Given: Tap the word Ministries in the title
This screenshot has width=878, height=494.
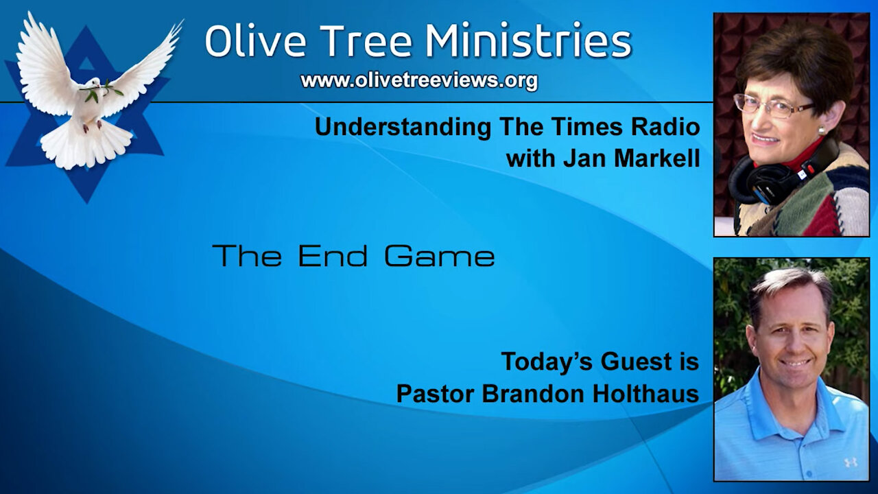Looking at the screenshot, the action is [529, 40].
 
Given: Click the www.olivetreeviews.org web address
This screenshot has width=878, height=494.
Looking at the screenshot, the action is [419, 81].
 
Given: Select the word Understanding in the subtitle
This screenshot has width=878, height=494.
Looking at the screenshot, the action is [403, 128].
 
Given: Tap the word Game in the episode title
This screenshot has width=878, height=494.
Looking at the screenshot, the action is [440, 256].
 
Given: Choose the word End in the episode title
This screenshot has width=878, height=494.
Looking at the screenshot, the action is [333, 256].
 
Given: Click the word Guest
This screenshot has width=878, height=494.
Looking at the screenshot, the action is [637, 362].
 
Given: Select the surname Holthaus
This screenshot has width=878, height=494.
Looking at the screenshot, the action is [645, 394].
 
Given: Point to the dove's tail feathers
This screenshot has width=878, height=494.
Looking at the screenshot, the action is [86, 146].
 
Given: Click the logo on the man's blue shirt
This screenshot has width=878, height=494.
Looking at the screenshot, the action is [851, 462].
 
